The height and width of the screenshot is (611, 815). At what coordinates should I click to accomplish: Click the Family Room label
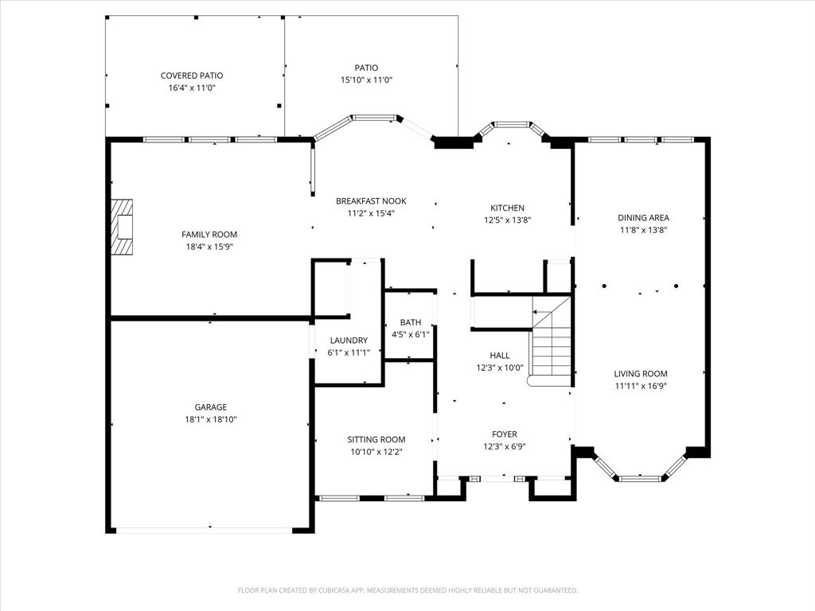[x=209, y=235]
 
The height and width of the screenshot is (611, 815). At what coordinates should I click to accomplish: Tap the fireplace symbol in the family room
[x=123, y=227]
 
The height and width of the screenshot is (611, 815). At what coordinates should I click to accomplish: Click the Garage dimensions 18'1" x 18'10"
[x=211, y=419]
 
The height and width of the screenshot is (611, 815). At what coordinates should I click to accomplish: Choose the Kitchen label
[x=507, y=208]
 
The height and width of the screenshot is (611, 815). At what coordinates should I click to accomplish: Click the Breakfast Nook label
[x=371, y=201]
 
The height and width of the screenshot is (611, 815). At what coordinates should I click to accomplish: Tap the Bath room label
[x=411, y=322]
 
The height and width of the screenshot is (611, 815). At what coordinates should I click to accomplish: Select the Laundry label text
[x=349, y=341]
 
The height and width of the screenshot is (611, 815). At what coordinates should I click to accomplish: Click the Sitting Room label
[x=376, y=439]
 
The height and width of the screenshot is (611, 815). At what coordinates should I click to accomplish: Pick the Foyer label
[x=504, y=434]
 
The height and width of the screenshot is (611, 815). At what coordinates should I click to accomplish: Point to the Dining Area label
[x=643, y=217]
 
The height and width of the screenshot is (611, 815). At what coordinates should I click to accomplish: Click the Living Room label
[x=641, y=374]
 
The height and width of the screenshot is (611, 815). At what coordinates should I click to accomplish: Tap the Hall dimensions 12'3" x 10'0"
[x=500, y=368]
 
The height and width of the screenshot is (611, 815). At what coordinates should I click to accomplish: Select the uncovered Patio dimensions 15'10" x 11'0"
[x=366, y=80]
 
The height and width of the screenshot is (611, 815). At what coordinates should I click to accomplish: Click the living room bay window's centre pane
[x=641, y=478]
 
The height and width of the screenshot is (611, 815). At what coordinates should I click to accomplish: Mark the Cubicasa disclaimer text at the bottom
[x=407, y=590]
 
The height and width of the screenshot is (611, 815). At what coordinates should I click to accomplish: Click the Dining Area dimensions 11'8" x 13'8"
[x=643, y=230]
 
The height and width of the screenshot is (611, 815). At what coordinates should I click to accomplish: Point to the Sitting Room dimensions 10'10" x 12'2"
[x=376, y=452]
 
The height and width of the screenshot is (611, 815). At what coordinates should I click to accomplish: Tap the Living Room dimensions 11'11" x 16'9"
[x=641, y=387]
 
